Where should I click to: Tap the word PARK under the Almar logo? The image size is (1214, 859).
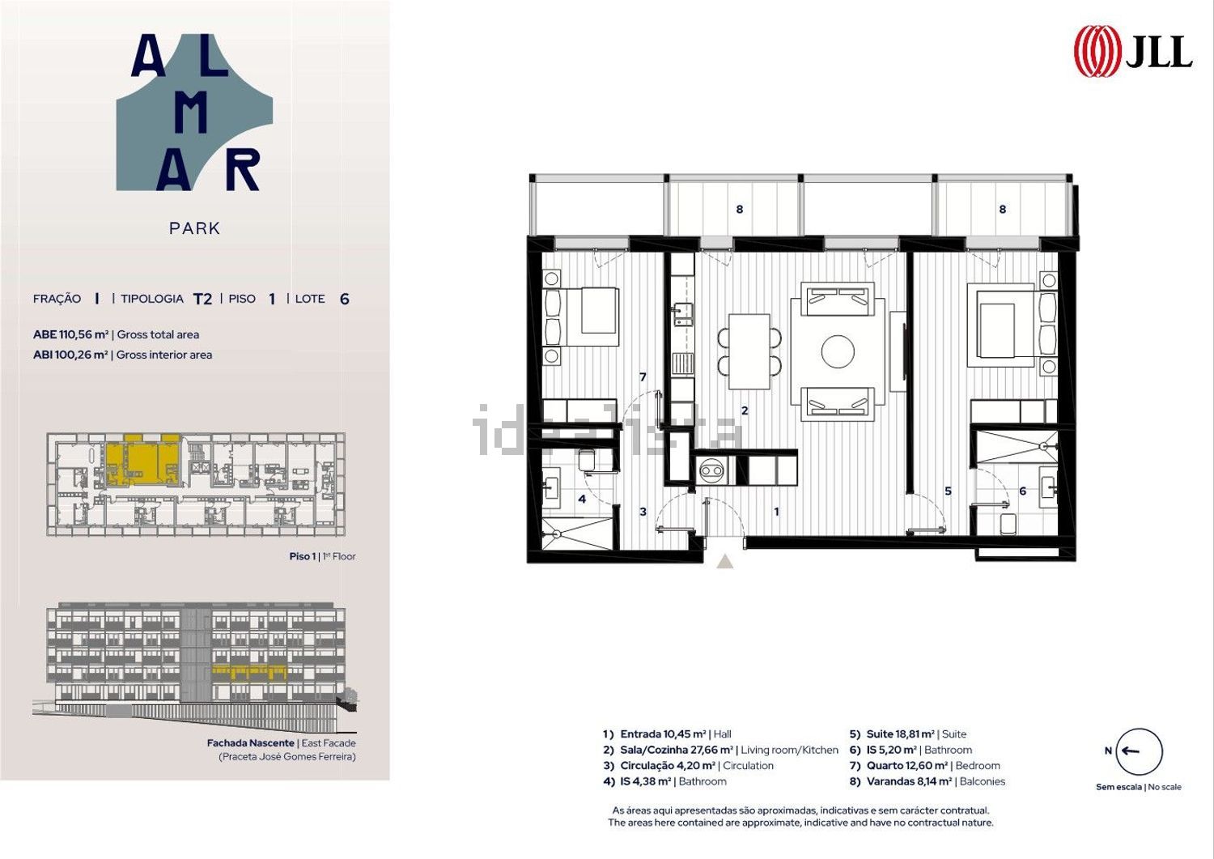coord(194,228)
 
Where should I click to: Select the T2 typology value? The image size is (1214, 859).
coord(202,299)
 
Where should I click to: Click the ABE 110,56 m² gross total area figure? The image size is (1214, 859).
coord(71,334)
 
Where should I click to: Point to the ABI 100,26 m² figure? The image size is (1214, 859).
coord(70,355)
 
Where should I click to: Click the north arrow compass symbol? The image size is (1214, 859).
coord(1140,751)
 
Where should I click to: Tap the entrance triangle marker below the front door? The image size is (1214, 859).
coord(724,562)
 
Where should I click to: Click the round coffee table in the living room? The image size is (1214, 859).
coord(838,351)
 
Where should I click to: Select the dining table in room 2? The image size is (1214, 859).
coord(749,351)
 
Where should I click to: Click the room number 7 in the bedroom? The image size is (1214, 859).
coord(643,377)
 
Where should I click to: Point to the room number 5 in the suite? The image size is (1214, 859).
coord(948,491)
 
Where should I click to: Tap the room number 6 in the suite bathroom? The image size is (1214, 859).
coord(1023,491)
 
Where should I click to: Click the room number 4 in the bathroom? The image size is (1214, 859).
coord(582,499)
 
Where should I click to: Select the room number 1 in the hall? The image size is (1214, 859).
coord(777,512)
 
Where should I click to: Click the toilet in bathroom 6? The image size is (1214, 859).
coord(1008,523)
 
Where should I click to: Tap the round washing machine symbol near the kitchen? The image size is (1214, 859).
coord(711,470)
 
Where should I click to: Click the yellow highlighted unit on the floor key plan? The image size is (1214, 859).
coord(142,459)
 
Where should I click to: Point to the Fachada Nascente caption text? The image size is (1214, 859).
coord(250,743)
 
